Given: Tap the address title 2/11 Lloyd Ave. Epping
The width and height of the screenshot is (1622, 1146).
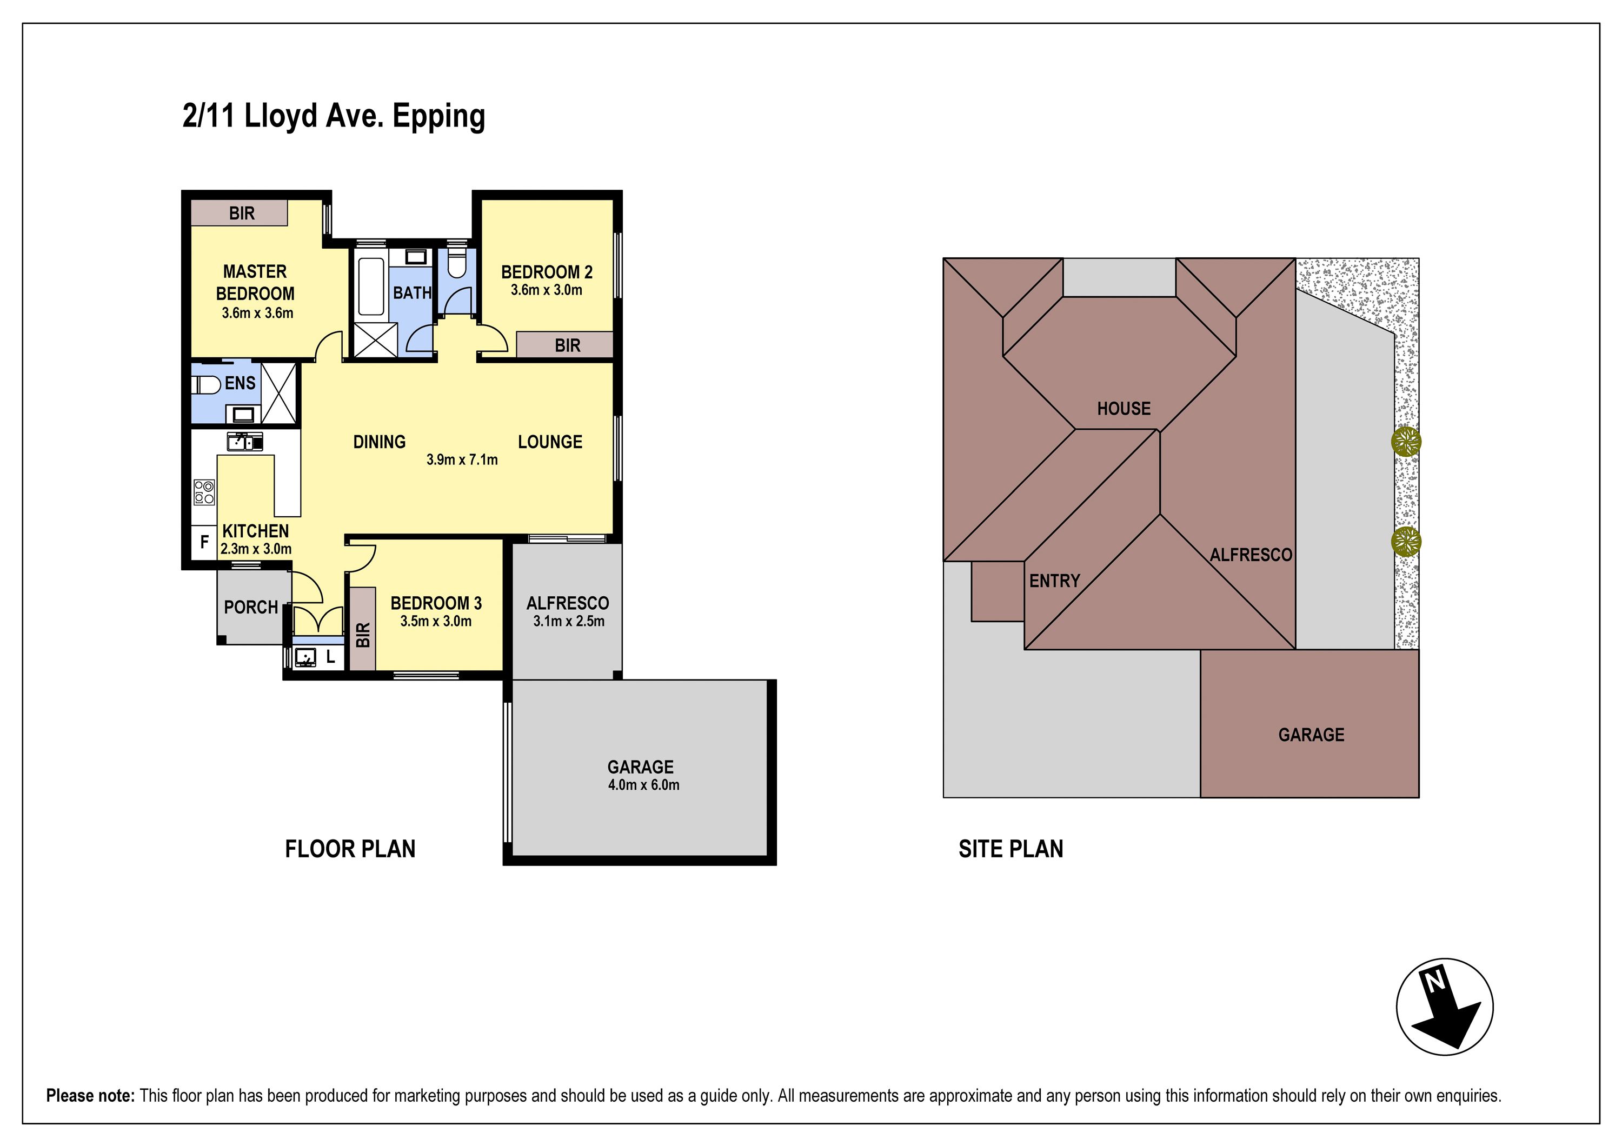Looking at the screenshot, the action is point(334,116).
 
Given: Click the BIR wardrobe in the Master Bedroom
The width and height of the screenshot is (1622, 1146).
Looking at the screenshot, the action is point(239,212).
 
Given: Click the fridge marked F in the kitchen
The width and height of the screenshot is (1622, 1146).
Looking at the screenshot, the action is point(204,542).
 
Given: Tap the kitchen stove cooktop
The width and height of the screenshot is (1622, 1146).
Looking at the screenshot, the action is point(204,492).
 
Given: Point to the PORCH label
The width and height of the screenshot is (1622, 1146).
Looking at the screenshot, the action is point(251,607).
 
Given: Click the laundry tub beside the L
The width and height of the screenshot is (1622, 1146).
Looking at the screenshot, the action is point(307,657).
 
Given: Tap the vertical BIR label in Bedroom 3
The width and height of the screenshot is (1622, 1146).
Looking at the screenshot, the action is point(363,635).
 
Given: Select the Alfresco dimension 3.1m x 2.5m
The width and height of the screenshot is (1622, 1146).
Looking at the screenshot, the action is point(569,621).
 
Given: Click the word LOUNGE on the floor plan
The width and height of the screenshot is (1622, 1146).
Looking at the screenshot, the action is point(550,442).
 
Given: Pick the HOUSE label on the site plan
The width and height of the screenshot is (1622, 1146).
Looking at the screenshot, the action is point(1124,408).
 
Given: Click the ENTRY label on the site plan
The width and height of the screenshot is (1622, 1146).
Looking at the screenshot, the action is point(1055,581).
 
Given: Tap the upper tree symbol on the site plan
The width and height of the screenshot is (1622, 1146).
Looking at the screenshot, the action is point(1406,442).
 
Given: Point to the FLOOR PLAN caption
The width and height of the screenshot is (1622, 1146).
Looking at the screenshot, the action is point(350,849).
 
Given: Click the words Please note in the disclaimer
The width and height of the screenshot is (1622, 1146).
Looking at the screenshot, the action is point(90,1095).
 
